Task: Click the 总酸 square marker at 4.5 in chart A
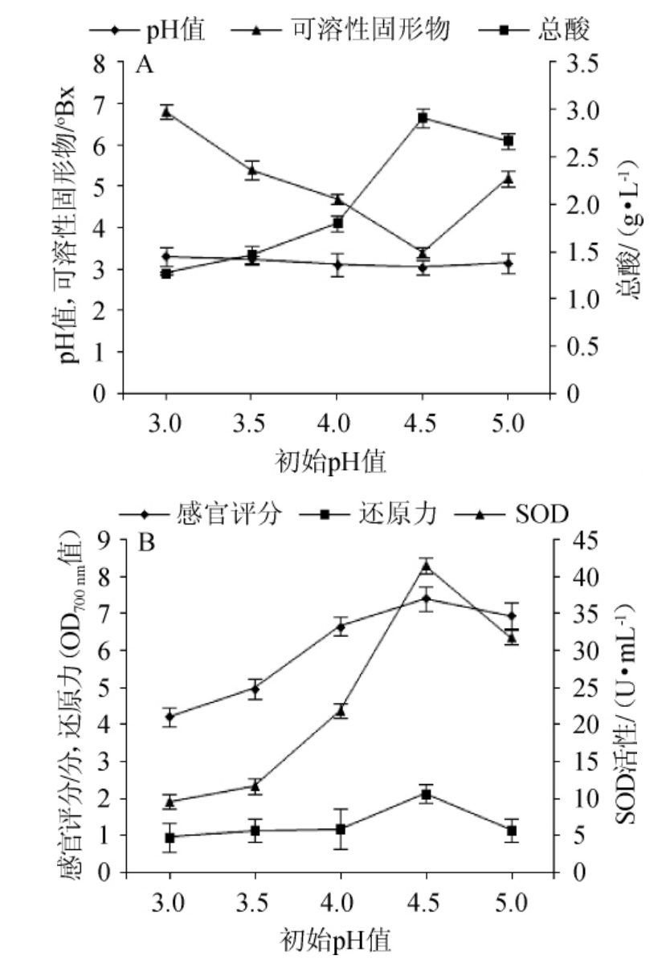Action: pyautogui.click(x=423, y=119)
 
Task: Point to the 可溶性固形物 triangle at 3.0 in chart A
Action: pyautogui.click(x=166, y=112)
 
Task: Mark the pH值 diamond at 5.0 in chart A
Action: pyautogui.click(x=508, y=263)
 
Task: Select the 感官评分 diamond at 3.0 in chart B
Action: pyautogui.click(x=170, y=717)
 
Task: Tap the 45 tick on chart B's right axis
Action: pyautogui.click(x=586, y=541)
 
